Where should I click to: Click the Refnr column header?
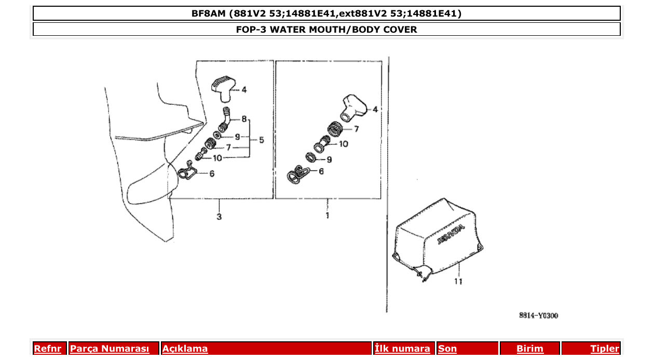click(47, 349)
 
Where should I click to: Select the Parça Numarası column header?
click(110, 349)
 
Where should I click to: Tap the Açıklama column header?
click(185, 349)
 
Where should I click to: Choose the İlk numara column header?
click(402, 349)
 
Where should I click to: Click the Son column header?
click(447, 349)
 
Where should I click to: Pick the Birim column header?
click(529, 349)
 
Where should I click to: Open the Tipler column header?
click(604, 349)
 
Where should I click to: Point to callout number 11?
click(458, 282)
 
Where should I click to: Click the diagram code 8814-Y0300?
click(538, 315)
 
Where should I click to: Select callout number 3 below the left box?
click(219, 216)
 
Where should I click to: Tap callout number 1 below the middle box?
click(327, 215)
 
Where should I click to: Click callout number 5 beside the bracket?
click(261, 140)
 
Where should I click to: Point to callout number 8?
click(244, 119)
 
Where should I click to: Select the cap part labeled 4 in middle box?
click(352, 106)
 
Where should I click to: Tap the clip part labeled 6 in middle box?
click(297, 174)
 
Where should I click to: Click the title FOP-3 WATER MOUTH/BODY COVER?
click(326, 30)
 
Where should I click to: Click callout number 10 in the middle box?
click(343, 144)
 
